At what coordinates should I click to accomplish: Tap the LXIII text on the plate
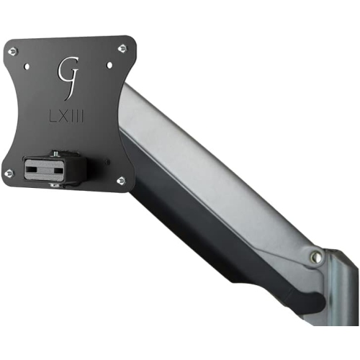[x=67, y=114]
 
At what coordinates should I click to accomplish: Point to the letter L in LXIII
[x=52, y=114]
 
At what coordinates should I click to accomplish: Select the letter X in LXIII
[x=63, y=114]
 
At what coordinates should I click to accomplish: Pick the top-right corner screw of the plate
[x=122, y=48]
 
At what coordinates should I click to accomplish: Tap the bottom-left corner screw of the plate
[x=9, y=174]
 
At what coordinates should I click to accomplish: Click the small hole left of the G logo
[x=28, y=67]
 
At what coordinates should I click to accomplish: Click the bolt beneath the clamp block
[x=53, y=185]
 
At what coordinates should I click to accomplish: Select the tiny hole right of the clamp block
[x=109, y=161]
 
